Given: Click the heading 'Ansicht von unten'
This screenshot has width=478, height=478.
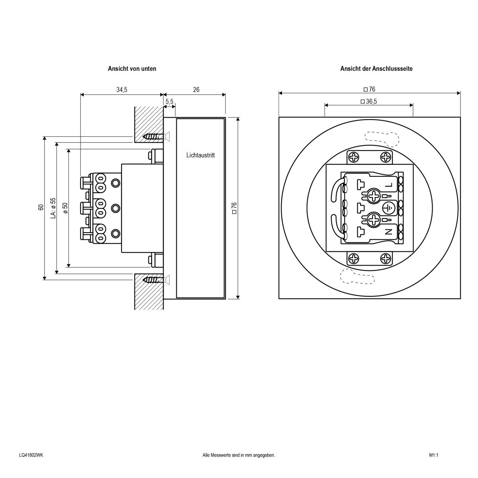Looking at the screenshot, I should coord(132,69).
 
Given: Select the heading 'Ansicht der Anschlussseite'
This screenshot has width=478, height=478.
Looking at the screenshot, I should coord(376,69).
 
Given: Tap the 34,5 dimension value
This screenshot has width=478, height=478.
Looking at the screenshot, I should coord(122,90).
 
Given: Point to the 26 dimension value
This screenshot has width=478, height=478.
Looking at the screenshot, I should coord(196,90).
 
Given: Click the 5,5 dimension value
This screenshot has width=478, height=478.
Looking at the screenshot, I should coord(169,102).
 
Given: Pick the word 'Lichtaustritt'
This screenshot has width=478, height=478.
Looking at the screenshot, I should coord(200,155).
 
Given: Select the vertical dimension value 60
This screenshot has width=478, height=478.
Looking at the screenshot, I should coord(41,207).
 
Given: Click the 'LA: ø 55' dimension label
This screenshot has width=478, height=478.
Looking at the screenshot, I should coord(53,207).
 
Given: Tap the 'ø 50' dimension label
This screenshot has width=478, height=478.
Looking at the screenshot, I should coord(65,208).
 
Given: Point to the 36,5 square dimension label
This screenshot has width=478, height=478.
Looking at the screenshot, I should coord(368,102).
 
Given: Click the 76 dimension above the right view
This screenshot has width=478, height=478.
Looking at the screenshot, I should coord(370,89).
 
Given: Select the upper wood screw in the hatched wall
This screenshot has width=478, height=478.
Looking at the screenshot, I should coord(153,137).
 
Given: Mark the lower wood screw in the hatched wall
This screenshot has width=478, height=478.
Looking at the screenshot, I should coord(153,280).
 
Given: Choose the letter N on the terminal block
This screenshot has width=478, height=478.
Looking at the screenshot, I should coord(389,231).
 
